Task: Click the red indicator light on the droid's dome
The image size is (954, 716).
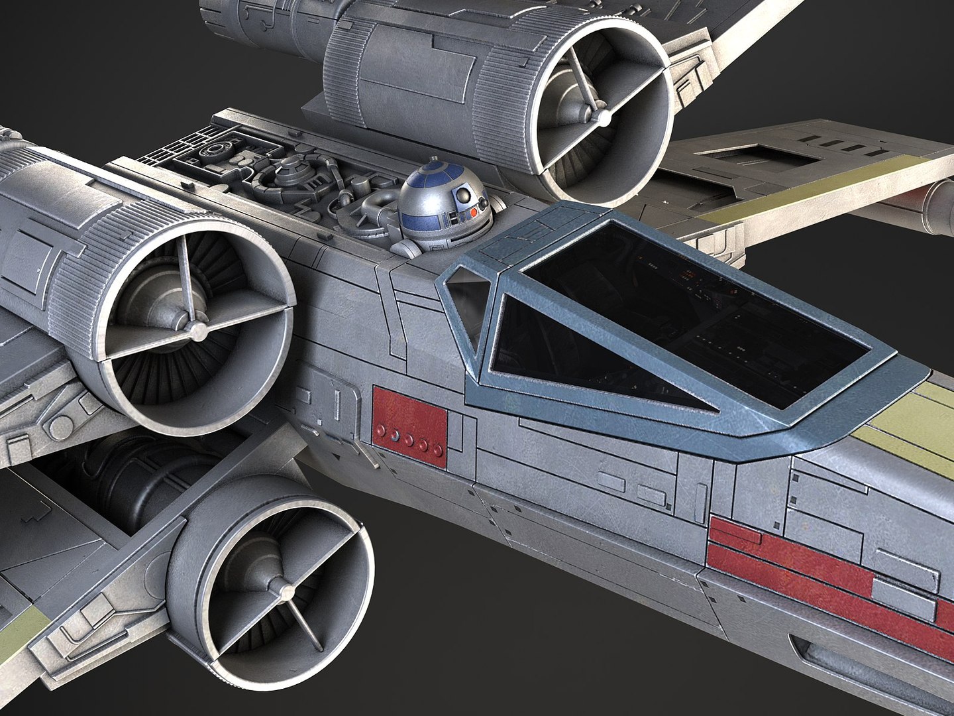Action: coord(474,211)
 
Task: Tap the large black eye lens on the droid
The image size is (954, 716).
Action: coord(466,197)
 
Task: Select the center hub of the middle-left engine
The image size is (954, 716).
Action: coord(196,329)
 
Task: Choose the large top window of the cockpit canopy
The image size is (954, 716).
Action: coord(696,312)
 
